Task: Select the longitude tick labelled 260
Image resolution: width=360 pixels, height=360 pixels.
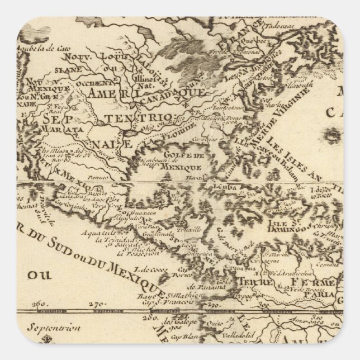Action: [x=39, y=304]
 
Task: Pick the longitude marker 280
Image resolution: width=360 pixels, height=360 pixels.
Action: [x=162, y=317]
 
